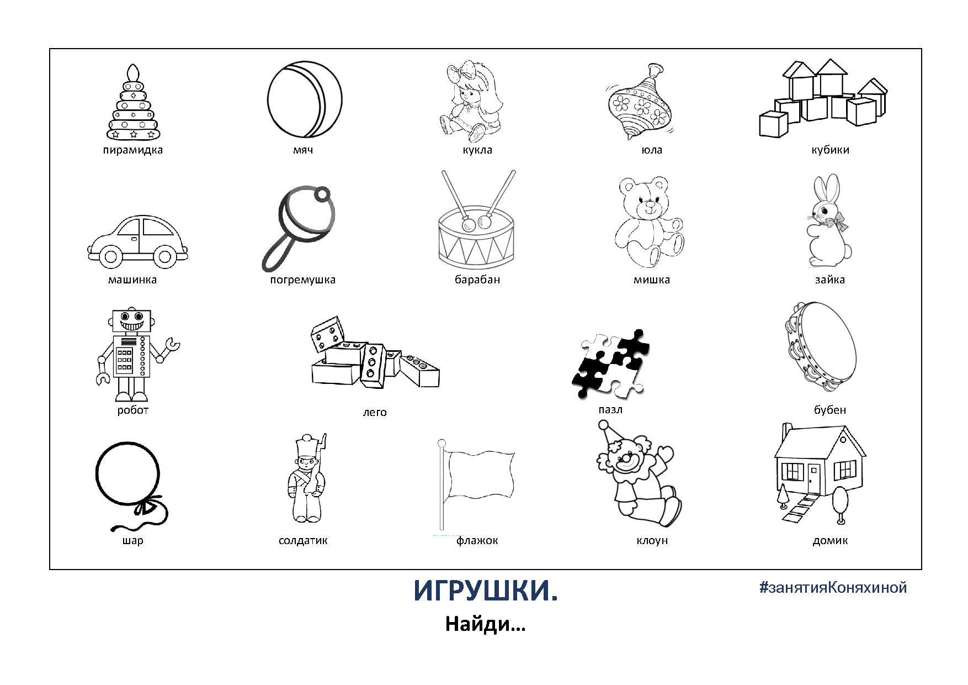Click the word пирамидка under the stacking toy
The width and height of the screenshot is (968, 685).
[132, 150]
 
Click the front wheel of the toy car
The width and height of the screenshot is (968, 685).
[164, 256]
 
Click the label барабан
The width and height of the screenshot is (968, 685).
[477, 280]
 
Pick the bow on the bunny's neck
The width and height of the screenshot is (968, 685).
[835, 222]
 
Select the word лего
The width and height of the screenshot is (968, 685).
[375, 412]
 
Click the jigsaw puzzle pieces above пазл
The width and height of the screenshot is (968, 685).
[610, 363]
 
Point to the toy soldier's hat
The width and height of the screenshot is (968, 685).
[305, 446]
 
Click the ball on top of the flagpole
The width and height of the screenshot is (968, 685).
[441, 443]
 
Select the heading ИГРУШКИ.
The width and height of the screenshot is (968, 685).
[486, 591]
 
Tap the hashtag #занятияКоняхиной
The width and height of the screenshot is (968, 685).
[833, 587]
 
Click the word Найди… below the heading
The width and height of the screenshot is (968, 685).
[485, 624]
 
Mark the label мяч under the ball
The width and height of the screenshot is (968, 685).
[303, 150]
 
